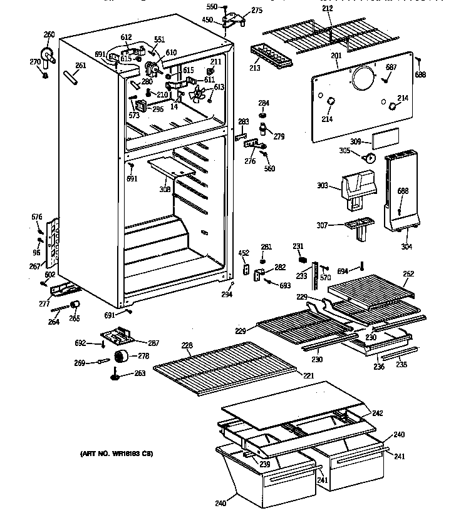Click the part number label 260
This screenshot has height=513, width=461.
tap(49, 34)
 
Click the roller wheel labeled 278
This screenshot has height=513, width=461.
tap(120, 358)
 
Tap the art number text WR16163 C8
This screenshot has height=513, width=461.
tap(116, 453)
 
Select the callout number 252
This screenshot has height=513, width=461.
tap(408, 273)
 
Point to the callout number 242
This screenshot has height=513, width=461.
tap(378, 413)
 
